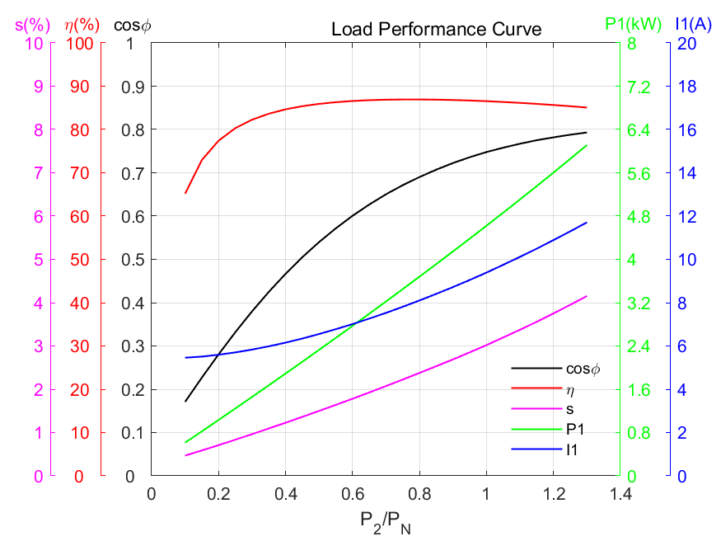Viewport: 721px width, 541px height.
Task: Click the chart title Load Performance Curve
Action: pyautogui.click(x=436, y=30)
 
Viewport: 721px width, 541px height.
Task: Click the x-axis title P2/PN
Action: pyautogui.click(x=385, y=523)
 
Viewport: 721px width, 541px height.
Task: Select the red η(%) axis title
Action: pyautogui.click(x=82, y=25)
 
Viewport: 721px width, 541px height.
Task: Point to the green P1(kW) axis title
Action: pyautogui.click(x=633, y=24)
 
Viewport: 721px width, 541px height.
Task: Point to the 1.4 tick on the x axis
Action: pyautogui.click(x=620, y=494)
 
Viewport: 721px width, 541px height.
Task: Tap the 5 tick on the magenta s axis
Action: pyautogui.click(x=38, y=260)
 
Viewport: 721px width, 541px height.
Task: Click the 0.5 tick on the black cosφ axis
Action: pyautogui.click(x=132, y=260)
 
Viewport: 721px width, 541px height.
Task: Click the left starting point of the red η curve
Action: pyautogui.click(x=185, y=193)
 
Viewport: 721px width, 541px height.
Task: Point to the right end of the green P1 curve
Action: pyautogui.click(x=587, y=145)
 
